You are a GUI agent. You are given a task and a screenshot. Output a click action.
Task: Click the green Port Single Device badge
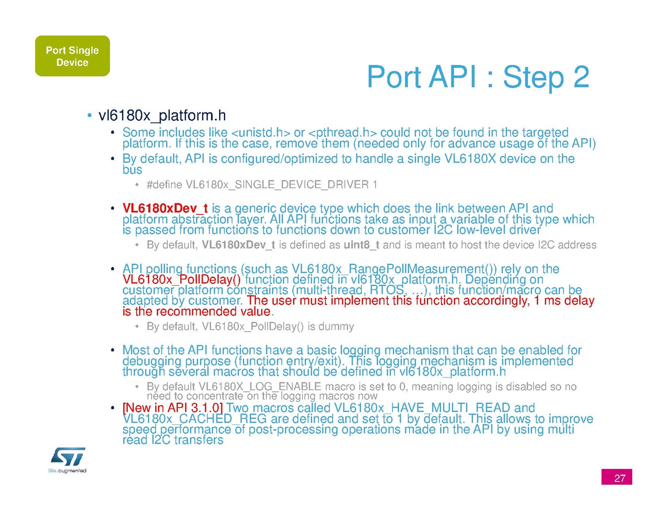pos(73,56)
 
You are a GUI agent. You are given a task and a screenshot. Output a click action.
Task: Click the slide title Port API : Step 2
pos(478,77)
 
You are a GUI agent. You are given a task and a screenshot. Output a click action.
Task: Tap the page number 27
pos(617,477)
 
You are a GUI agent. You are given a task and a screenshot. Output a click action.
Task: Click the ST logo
pos(68,457)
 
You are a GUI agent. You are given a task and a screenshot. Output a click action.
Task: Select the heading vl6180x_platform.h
pos(162,116)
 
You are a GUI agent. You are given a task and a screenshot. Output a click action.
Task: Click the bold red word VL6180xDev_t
pos(165,208)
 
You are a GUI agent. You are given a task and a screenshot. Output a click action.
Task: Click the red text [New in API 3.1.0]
pos(172,408)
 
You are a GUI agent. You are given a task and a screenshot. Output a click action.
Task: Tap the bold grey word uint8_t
pos(361,245)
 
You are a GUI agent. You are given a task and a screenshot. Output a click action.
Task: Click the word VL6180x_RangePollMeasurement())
pos(394,269)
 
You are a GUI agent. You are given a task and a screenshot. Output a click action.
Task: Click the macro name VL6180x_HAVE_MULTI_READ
pos(422,408)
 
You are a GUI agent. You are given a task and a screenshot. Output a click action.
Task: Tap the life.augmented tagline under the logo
pos(67,471)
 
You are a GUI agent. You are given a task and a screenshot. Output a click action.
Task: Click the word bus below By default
pos(132,170)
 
